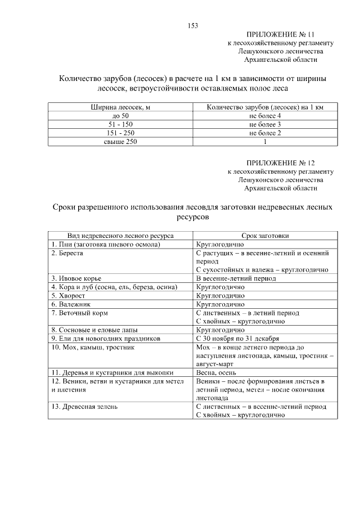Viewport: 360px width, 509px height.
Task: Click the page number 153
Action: (192, 25)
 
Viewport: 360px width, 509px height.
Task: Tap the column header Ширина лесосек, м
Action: (120, 107)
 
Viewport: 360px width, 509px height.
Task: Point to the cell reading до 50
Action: (120, 115)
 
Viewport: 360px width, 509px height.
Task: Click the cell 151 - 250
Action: (120, 133)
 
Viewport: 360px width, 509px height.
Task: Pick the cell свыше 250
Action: (120, 142)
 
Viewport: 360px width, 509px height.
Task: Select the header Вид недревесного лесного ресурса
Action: (120, 236)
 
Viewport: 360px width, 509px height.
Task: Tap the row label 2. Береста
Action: (67, 253)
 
